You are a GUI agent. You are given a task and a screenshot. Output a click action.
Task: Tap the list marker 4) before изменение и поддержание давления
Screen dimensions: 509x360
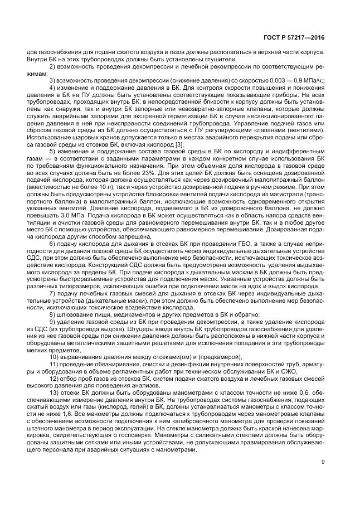click(53, 88)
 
